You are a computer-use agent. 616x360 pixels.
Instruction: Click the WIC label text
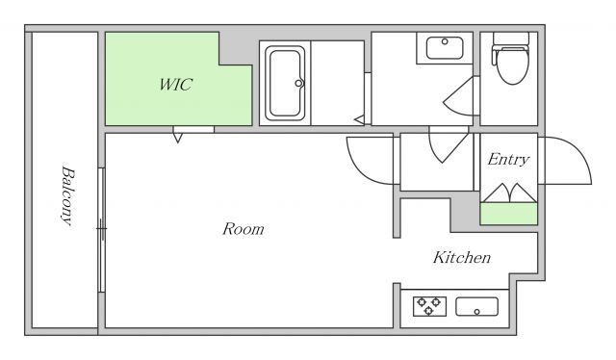pos(175,85)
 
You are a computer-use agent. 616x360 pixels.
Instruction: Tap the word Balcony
pos(67,196)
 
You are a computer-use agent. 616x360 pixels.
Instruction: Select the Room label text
pos(244,229)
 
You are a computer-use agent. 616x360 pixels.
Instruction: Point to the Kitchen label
pos(462,257)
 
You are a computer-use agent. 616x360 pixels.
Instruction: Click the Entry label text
pos(508,159)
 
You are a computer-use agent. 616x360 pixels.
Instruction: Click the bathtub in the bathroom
pos(285,84)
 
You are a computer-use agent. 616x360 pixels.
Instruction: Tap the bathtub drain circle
pos(298,84)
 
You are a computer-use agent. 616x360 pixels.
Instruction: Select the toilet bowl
pos(512,64)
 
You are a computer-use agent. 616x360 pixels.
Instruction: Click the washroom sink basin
pos(445,48)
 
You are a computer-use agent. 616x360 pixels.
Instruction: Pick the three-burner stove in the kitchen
pos(429,306)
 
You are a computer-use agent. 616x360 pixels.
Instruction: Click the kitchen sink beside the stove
pos(477,306)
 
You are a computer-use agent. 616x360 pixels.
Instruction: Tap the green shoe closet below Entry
pos(509,214)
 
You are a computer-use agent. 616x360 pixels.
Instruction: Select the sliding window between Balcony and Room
pos(102,230)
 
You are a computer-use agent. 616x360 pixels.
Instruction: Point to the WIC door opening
pos(193,130)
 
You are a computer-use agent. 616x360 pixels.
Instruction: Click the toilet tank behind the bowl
pos(511,39)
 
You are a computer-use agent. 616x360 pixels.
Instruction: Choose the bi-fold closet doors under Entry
pos(509,193)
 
